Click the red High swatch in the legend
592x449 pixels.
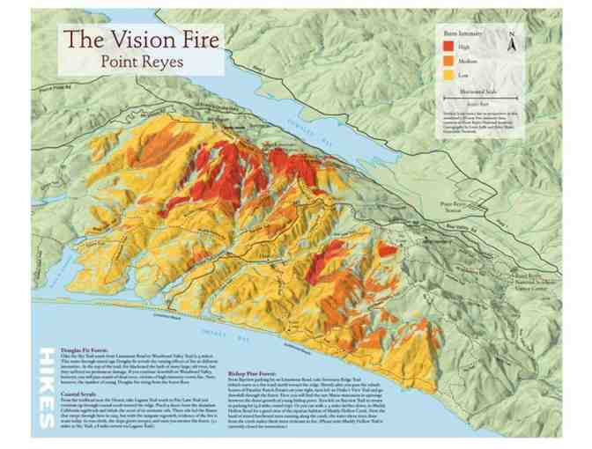tap(448, 44)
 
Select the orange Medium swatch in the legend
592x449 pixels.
tap(448, 60)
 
